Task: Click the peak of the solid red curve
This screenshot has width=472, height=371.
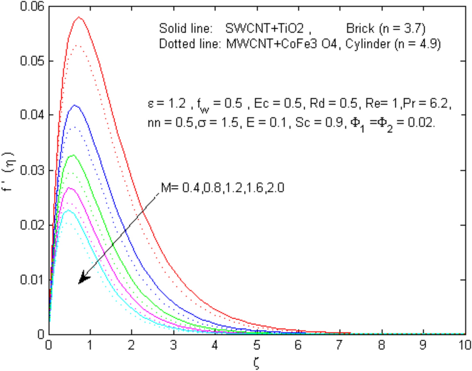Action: coord(79,17)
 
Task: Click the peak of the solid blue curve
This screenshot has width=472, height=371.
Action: coord(75,105)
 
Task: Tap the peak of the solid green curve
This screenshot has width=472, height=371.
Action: coord(73,155)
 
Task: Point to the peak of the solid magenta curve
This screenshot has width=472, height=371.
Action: coord(69,188)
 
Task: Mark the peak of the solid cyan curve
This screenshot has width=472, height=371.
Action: coord(68,210)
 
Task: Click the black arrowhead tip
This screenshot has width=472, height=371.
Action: coord(80,283)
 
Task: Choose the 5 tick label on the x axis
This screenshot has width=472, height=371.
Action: coord(256,345)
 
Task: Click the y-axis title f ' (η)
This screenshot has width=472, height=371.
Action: coord(10,170)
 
